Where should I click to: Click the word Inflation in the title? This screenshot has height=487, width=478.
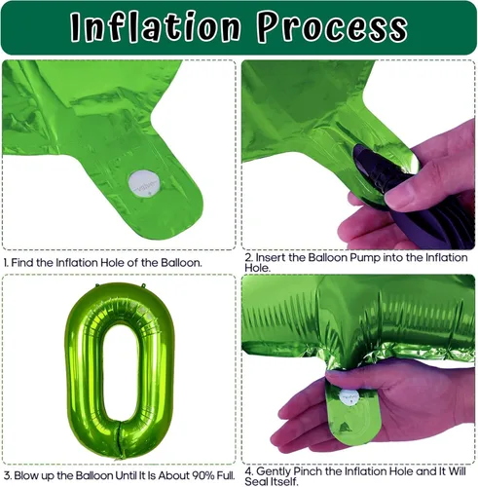pyautogui.click(x=155, y=26)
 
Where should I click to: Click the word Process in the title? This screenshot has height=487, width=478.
pyautogui.click(x=332, y=26)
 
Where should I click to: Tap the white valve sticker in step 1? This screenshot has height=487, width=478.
pyautogui.click(x=144, y=184)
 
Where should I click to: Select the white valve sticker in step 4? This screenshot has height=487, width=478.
pyautogui.click(x=349, y=396)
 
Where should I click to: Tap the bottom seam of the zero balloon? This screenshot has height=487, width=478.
pyautogui.click(x=120, y=439)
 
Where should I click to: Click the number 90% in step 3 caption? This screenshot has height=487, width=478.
pyautogui.click(x=203, y=475)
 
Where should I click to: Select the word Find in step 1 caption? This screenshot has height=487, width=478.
pyautogui.click(x=22, y=262)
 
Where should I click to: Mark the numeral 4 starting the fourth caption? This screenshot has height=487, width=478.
pyautogui.click(x=248, y=471)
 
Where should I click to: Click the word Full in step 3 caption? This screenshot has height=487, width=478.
pyautogui.click(x=226, y=475)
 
